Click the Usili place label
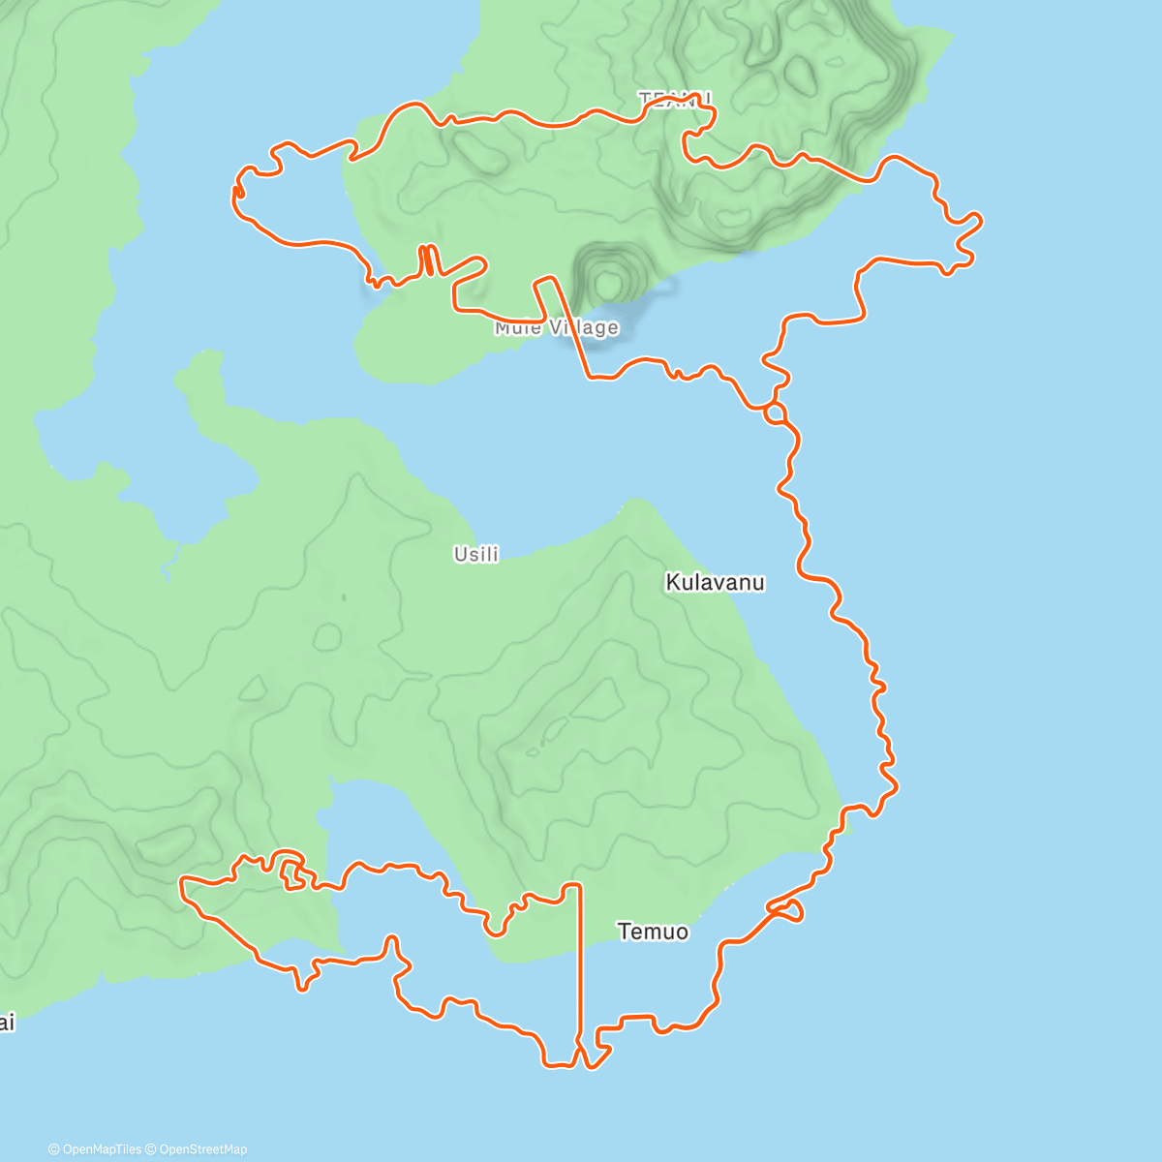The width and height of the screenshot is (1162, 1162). coord(476,555)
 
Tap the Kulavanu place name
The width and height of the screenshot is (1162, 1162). coord(715,583)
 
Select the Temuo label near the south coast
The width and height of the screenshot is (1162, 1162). coord(654,932)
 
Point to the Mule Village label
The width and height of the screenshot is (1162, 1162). coord(556,328)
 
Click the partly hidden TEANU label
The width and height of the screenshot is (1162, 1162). coord(675,99)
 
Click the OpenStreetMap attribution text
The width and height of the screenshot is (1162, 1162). coord(202,1149)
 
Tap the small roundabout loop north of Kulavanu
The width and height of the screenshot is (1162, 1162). coord(775,414)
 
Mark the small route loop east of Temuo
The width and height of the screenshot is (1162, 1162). coord(786,909)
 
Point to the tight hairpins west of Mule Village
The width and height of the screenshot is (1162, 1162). coord(427,260)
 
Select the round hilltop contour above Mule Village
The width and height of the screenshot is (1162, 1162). coord(608,283)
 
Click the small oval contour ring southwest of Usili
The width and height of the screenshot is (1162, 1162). coord(327,636)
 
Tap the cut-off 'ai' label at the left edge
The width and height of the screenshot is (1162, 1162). coord(7,1023)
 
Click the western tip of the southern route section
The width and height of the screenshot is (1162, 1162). coord(183,881)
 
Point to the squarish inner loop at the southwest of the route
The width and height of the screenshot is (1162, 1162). coord(290,870)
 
